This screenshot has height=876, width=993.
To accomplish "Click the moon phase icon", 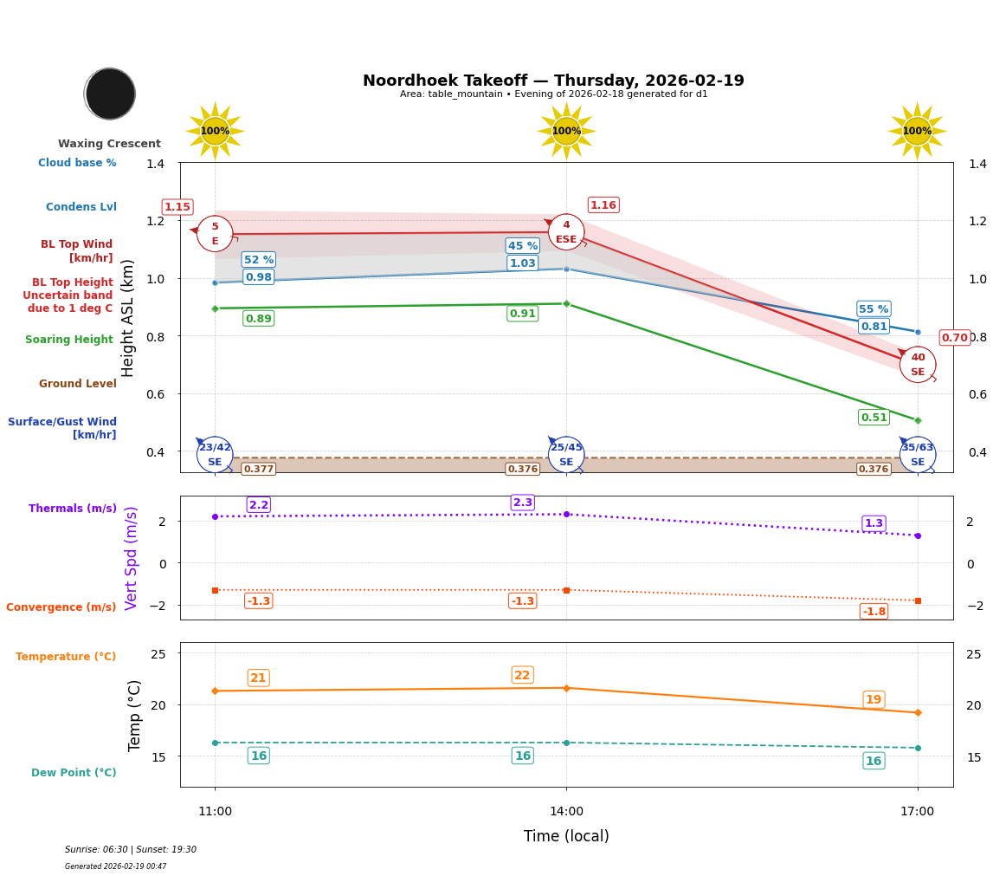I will (110, 94).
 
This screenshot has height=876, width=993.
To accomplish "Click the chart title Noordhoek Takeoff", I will (552, 81).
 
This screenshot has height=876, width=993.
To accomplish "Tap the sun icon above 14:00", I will (566, 131).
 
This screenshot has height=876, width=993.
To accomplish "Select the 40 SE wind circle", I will (917, 364).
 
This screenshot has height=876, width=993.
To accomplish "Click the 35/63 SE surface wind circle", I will (917, 454).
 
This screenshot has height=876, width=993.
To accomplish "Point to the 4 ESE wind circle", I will (566, 231).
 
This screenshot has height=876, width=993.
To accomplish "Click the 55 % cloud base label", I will (874, 309).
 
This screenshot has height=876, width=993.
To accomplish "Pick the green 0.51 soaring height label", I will (874, 418).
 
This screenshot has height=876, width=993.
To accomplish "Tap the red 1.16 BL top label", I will (603, 205).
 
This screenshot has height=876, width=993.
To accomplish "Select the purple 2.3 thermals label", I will (523, 503).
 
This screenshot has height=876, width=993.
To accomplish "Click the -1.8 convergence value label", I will (874, 612).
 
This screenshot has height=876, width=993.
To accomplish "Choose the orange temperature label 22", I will (522, 676).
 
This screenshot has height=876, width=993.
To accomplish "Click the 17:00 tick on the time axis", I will (917, 812).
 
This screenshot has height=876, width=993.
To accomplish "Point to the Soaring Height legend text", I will (69, 340).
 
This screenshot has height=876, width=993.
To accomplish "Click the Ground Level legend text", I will (78, 384).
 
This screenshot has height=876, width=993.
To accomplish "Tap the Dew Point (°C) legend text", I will (74, 773).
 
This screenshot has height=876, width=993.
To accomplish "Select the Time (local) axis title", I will (566, 836).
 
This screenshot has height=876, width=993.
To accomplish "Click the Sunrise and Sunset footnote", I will (130, 850).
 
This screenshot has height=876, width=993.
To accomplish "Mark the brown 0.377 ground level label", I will (258, 470).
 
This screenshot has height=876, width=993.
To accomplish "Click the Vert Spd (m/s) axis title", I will (132, 558).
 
